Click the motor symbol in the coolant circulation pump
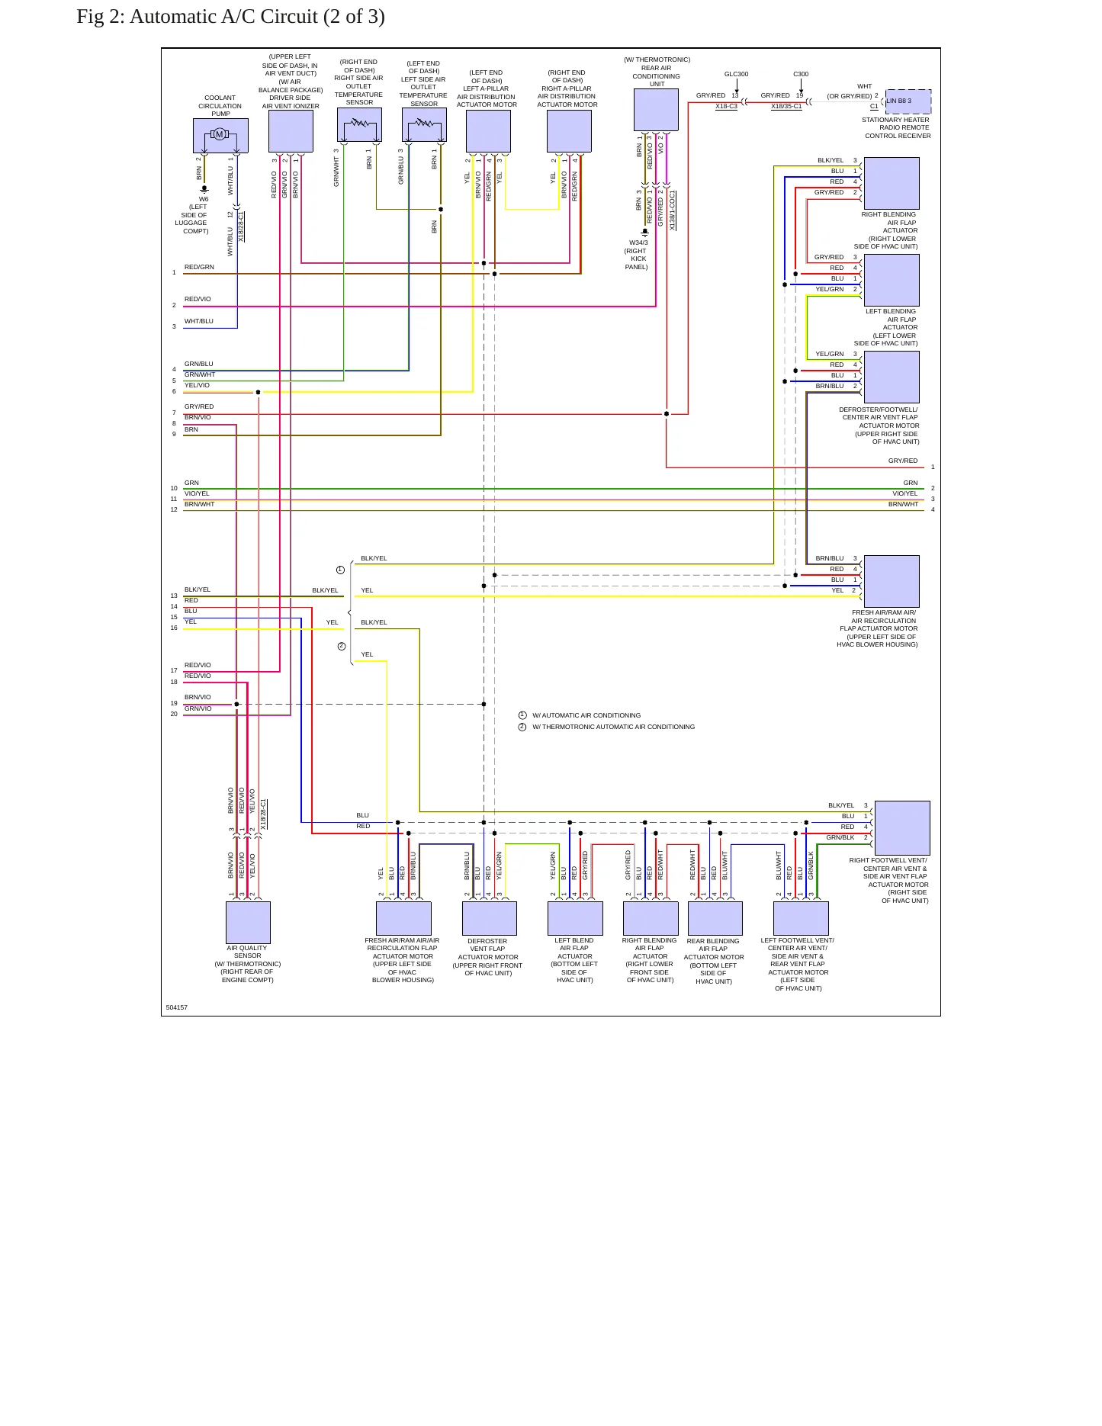click(220, 135)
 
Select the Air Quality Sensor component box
click(248, 922)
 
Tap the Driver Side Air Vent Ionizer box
click(291, 131)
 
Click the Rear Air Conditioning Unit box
click(656, 110)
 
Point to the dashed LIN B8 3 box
click(908, 101)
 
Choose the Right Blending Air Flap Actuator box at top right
click(892, 183)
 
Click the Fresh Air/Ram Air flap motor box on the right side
click(892, 581)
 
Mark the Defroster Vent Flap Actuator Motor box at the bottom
click(490, 918)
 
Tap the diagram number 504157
click(177, 1007)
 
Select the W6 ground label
click(204, 199)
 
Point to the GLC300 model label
click(736, 74)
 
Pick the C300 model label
click(801, 74)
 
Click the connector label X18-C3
click(726, 107)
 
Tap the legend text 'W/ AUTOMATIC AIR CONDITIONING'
click(586, 715)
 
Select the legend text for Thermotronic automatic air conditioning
click(614, 727)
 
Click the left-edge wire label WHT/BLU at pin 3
click(199, 321)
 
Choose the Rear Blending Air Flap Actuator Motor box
click(715, 918)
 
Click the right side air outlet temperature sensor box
click(359, 124)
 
